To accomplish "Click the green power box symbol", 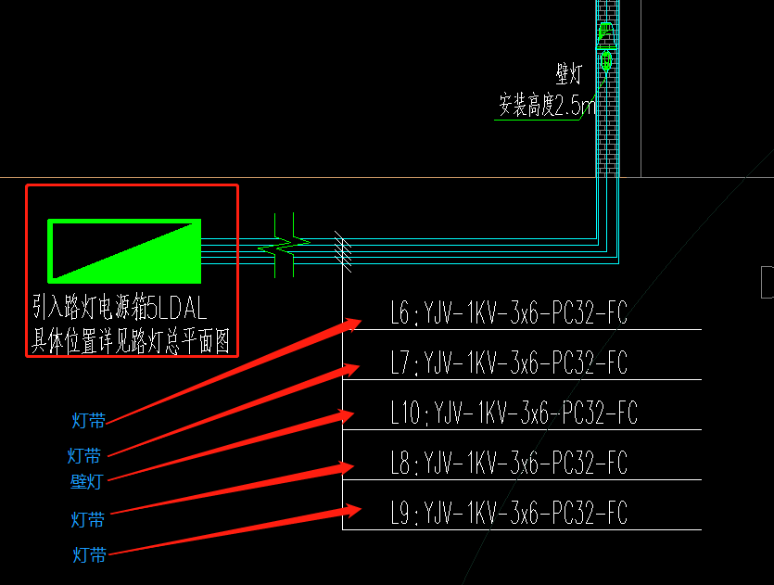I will pyautogui.click(x=125, y=250).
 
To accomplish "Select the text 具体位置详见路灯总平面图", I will pyautogui.click(x=131, y=342).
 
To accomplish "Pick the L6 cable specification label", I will pyautogui.click(x=508, y=314).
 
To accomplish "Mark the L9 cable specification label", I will pyautogui.click(x=508, y=512).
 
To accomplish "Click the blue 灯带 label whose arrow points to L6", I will pyautogui.click(x=89, y=421).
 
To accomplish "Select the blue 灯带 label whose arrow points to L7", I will pyautogui.click(x=84, y=455).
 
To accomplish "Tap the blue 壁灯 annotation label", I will pyautogui.click(x=86, y=481).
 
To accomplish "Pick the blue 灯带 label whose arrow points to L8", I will pyautogui.click(x=89, y=518).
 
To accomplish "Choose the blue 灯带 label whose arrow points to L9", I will pyautogui.click(x=90, y=555).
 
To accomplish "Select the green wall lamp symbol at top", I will pyautogui.click(x=605, y=46).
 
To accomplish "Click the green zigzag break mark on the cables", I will pyautogui.click(x=285, y=247).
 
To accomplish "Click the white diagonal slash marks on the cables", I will pyautogui.click(x=343, y=250).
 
